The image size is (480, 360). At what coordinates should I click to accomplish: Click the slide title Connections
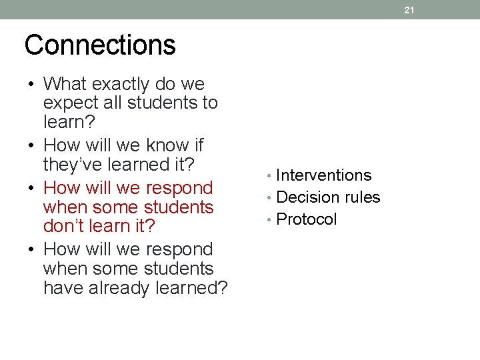coord(100,45)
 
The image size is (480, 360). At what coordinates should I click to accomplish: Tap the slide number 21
coord(409,10)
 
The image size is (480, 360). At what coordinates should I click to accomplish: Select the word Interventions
coord(323,175)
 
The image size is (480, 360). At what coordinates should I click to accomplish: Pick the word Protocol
coord(306,219)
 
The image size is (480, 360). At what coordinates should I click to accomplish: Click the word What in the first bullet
coord(65,84)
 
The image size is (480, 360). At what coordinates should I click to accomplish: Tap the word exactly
coord(124,84)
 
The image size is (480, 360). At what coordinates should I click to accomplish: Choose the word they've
coord(73,164)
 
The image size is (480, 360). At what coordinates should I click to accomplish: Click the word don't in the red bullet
coord(64,226)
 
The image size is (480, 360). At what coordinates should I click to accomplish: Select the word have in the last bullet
coord(60,288)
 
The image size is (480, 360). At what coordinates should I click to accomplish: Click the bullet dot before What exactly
coord(31,85)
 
